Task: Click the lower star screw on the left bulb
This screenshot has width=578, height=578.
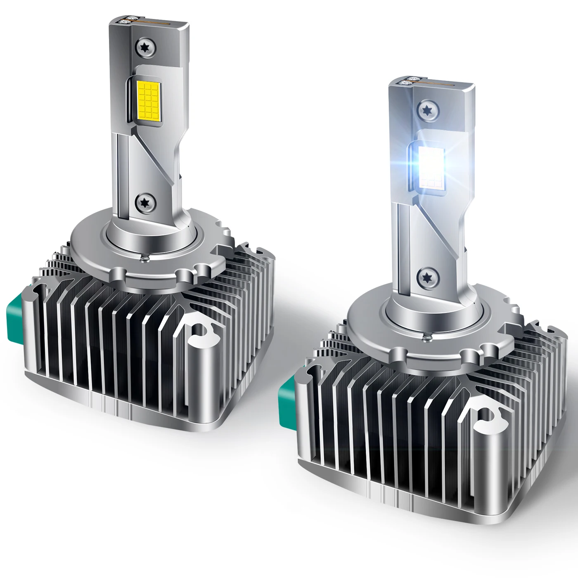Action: click(x=146, y=201)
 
